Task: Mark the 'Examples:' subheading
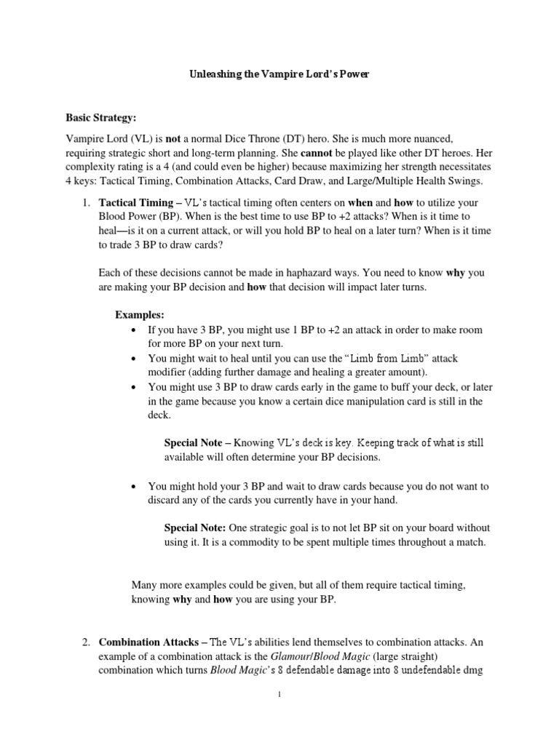140,315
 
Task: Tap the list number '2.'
86,642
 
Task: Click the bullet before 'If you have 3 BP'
134,330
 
